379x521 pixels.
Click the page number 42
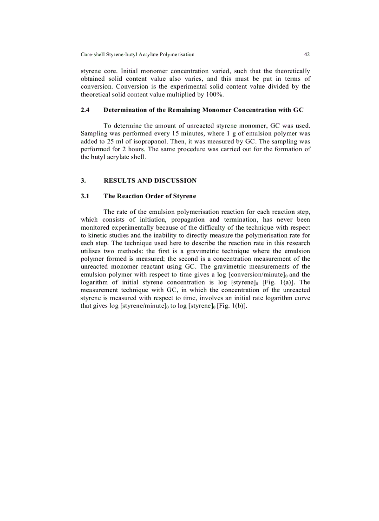point(307,54)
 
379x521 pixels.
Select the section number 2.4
point(85,110)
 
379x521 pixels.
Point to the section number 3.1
point(85,196)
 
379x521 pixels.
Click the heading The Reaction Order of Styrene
point(150,196)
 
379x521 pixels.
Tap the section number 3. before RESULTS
point(83,180)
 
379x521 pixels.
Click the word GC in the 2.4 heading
point(298,110)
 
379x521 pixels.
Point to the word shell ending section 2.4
point(137,157)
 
